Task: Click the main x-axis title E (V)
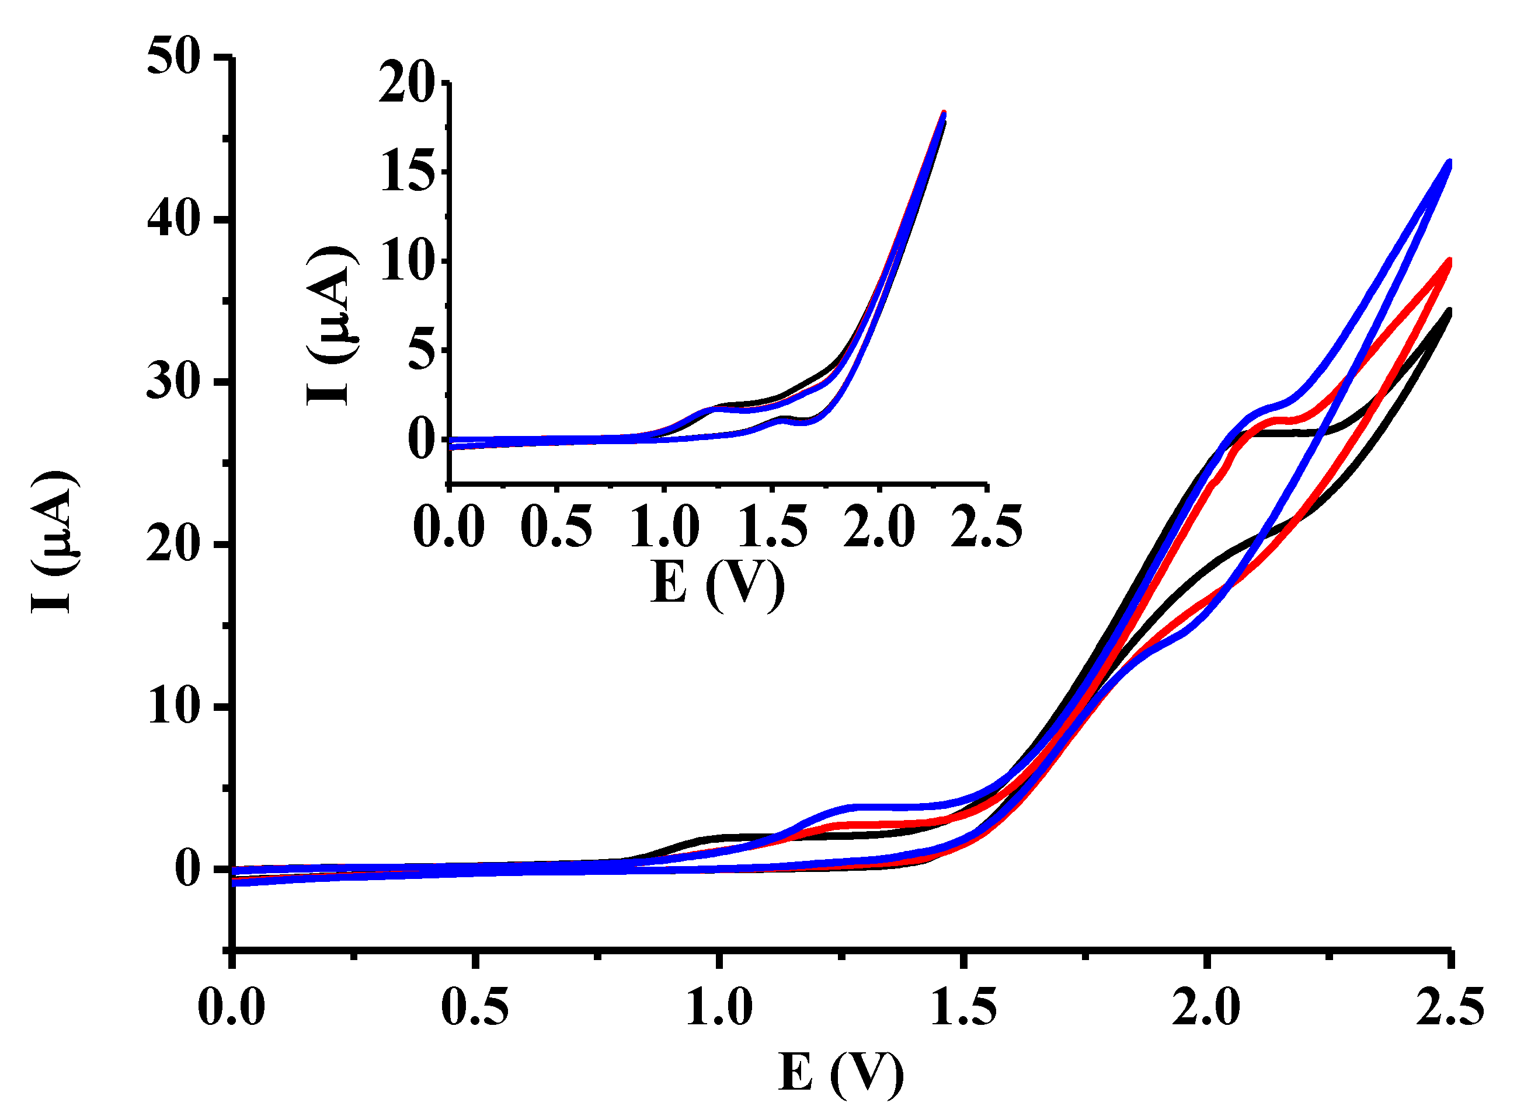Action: click(x=841, y=1072)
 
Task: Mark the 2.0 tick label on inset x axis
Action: click(x=879, y=527)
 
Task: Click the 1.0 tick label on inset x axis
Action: click(x=664, y=527)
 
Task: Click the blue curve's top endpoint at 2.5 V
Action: click(x=1449, y=163)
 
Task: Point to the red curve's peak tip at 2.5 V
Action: click(x=1449, y=261)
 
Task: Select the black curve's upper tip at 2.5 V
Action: click(x=1449, y=311)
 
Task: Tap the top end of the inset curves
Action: click(x=942, y=114)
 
